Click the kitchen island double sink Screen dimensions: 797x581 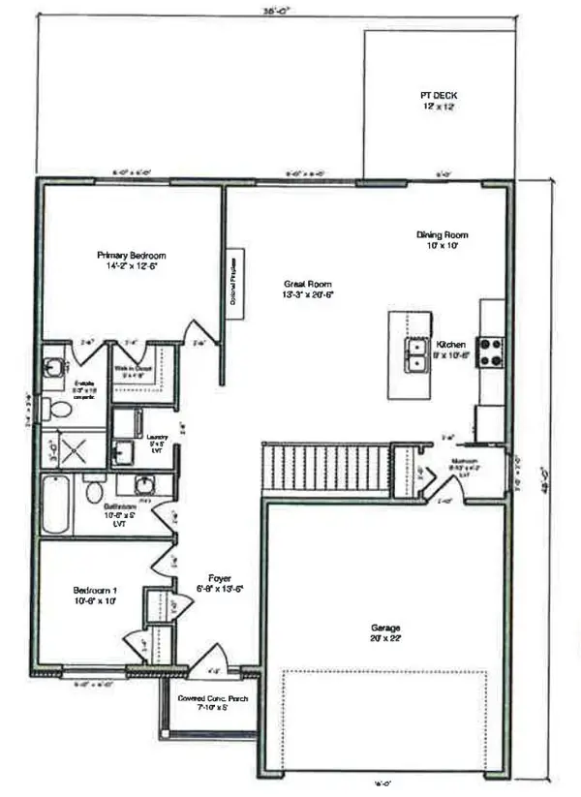pos(418,354)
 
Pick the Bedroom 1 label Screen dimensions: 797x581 pos(101,594)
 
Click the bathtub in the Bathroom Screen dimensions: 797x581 pos(54,504)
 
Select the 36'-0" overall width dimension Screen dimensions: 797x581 pos(276,12)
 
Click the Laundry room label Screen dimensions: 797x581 pos(157,440)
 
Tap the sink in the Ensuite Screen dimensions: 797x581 pos(53,367)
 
